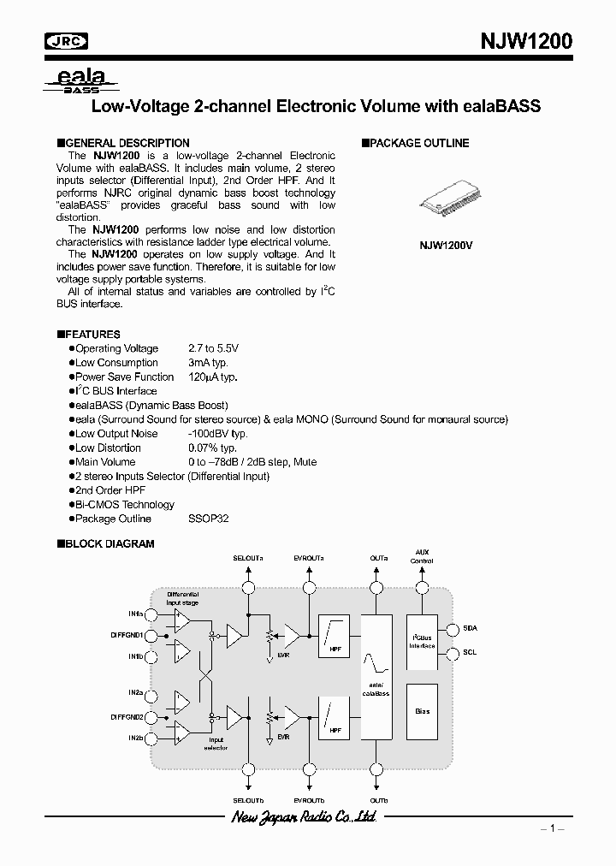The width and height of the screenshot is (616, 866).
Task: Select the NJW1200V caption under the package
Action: [446, 245]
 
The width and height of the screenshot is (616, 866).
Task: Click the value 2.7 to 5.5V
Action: [214, 348]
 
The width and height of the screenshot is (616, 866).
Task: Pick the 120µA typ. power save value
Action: [212, 377]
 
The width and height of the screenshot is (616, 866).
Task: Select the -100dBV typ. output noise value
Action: [217, 434]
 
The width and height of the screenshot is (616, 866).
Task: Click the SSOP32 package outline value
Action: [208, 519]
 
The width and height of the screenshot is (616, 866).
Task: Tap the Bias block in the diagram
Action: [422, 712]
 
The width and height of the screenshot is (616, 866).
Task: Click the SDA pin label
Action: [470, 627]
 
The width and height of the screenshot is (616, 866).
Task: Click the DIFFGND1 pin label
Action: [127, 635]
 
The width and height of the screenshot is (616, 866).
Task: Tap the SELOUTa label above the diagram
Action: [248, 558]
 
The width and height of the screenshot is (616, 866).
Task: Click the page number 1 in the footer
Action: [553, 828]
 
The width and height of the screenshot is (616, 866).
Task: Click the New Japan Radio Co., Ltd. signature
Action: [304, 818]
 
